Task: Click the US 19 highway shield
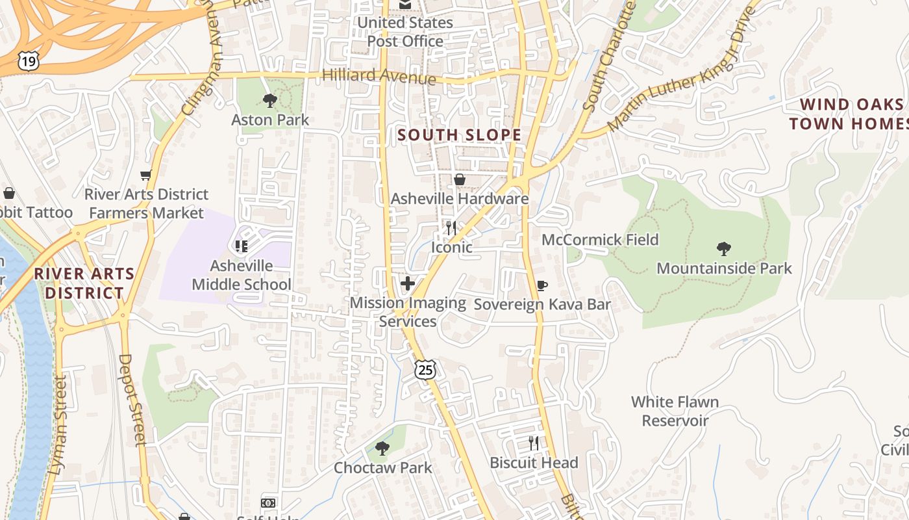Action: point(29,61)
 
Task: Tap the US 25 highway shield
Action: point(425,370)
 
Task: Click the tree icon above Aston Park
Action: point(270,101)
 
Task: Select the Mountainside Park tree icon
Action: point(724,249)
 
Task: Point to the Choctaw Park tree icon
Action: point(382,448)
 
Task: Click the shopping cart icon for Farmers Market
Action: point(145,175)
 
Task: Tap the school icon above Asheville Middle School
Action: point(242,246)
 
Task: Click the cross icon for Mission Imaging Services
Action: point(408,283)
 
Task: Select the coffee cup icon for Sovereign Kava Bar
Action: point(542,285)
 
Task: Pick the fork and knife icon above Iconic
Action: point(451,227)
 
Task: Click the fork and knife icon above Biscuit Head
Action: point(534,443)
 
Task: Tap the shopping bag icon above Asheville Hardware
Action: point(460,179)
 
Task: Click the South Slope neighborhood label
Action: point(459,135)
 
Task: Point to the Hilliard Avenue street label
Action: point(379,76)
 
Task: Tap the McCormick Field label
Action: point(600,240)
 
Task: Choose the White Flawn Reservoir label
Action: point(675,411)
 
